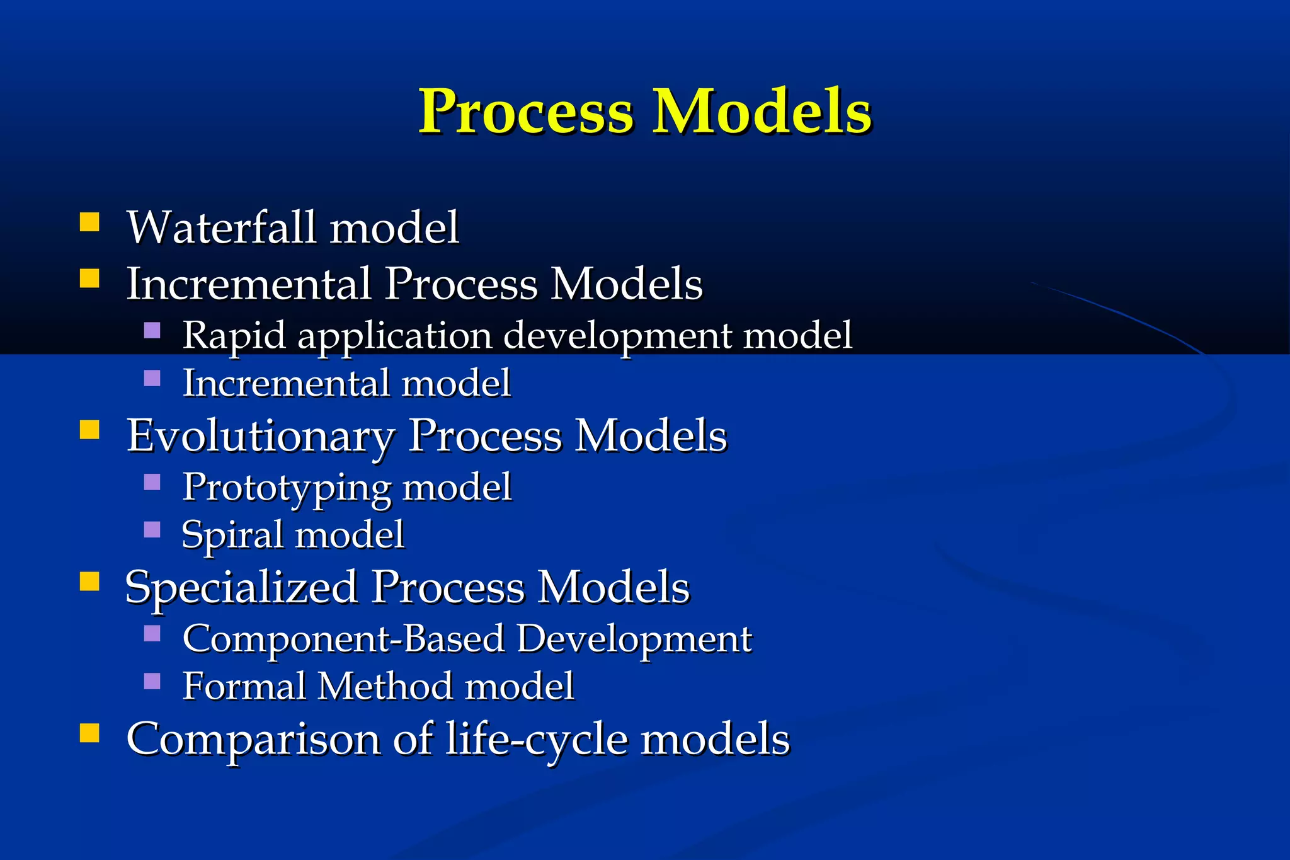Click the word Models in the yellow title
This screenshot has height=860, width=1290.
coord(762,112)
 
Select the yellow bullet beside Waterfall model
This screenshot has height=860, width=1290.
coord(89,222)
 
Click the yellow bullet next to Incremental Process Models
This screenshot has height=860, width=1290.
coord(89,278)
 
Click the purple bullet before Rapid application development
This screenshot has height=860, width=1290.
coord(152,330)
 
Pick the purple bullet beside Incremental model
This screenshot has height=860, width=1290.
coord(152,378)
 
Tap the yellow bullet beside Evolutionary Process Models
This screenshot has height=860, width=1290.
coord(89,430)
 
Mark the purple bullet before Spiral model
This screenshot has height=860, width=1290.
coord(152,529)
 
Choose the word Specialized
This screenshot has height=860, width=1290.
coord(241,588)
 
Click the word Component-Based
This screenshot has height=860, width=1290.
coord(343,638)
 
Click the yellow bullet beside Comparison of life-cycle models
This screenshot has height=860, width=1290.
coord(89,733)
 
